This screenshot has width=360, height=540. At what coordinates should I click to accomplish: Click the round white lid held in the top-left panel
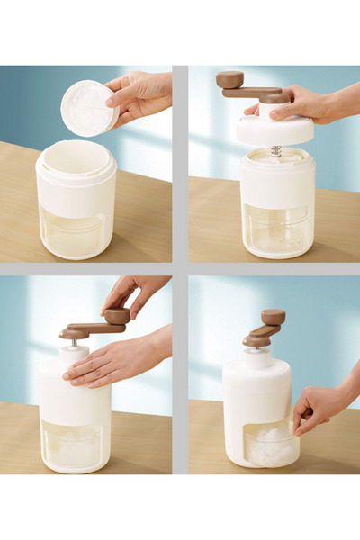click(x=88, y=108)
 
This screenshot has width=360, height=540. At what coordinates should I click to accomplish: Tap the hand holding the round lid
click(x=139, y=94)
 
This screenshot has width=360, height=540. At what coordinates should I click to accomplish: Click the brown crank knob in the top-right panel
click(x=229, y=79)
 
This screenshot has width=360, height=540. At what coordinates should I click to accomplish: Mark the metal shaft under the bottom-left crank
click(x=74, y=342)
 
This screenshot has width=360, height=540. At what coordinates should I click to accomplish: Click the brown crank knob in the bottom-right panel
click(x=273, y=317)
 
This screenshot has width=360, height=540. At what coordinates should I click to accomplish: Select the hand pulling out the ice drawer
click(x=319, y=405)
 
